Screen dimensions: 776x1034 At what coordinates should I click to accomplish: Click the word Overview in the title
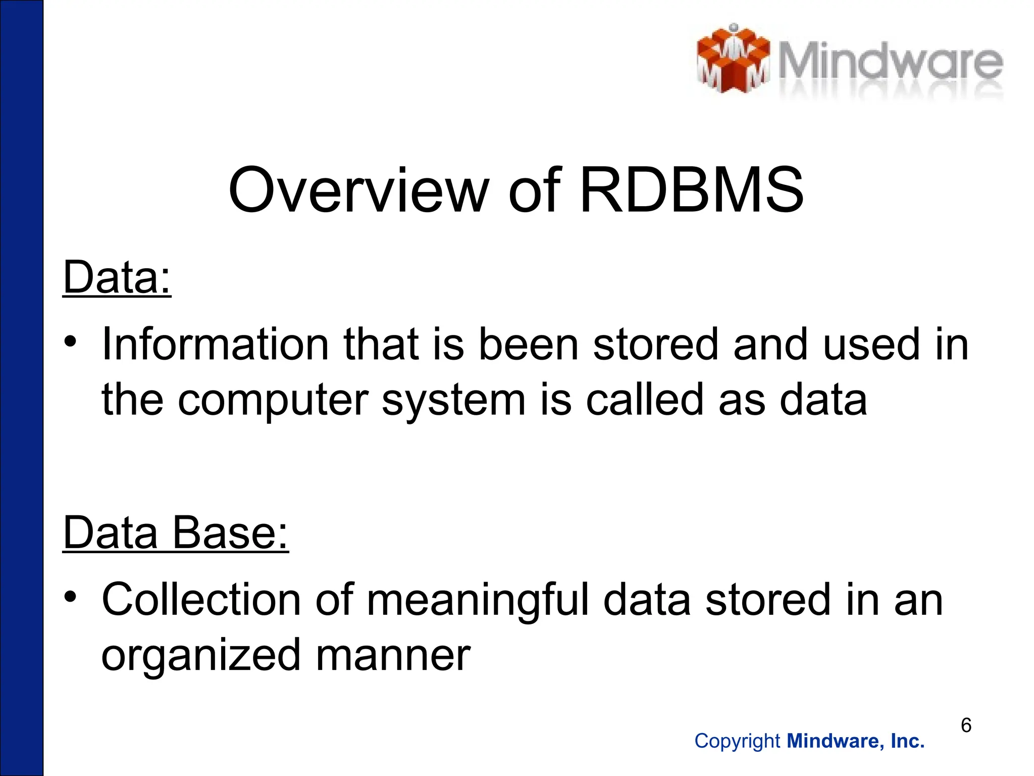point(358,191)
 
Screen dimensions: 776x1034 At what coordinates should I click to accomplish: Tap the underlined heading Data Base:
point(175,532)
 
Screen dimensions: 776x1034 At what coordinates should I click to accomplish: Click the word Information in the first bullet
point(216,345)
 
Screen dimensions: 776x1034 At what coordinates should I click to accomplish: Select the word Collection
point(201,600)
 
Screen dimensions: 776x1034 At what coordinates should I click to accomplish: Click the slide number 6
point(966,725)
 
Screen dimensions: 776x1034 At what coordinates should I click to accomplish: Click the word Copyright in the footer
point(737,741)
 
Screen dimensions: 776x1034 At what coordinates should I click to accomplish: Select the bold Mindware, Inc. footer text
point(856,741)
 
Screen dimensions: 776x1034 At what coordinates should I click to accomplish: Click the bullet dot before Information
point(71,342)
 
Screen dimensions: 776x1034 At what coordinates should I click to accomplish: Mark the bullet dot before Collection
point(71,597)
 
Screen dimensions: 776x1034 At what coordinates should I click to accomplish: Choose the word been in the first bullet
point(528,345)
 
